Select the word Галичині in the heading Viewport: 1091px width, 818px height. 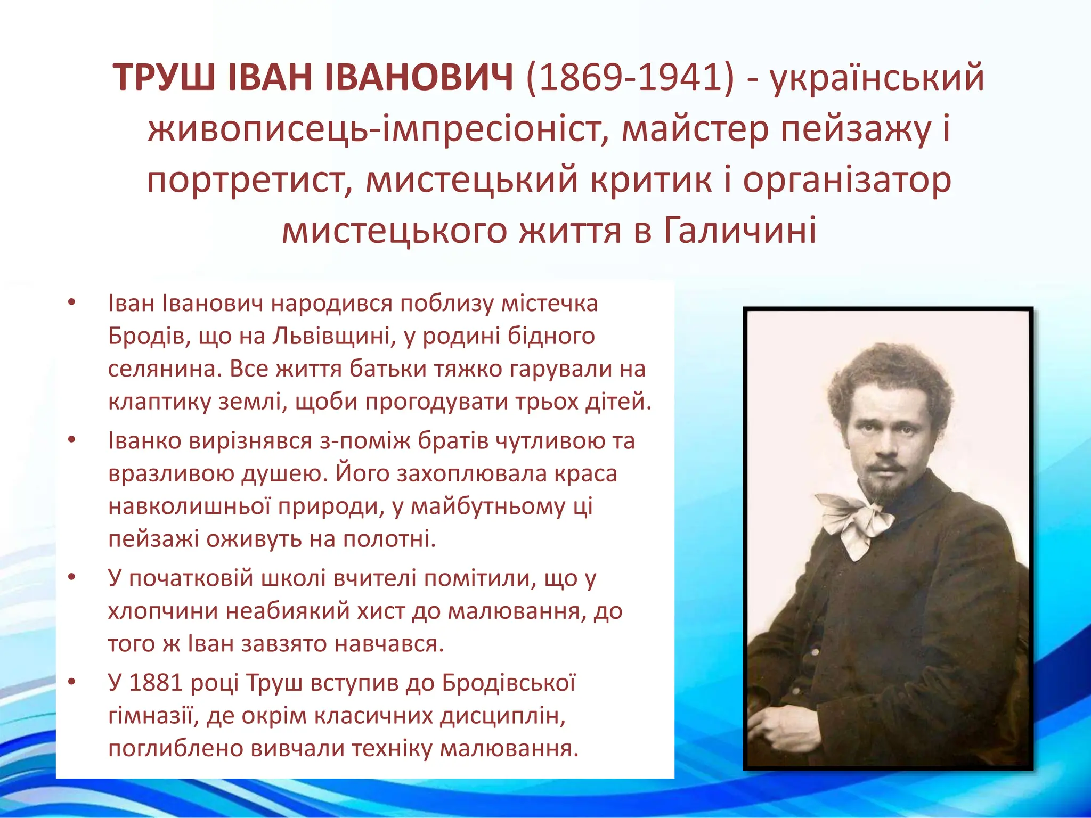[740, 231]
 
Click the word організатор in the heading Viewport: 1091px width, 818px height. [847, 180]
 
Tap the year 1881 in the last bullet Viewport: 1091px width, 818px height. [157, 683]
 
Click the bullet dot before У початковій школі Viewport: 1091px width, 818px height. [72, 578]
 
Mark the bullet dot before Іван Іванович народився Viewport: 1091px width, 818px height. [72, 304]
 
